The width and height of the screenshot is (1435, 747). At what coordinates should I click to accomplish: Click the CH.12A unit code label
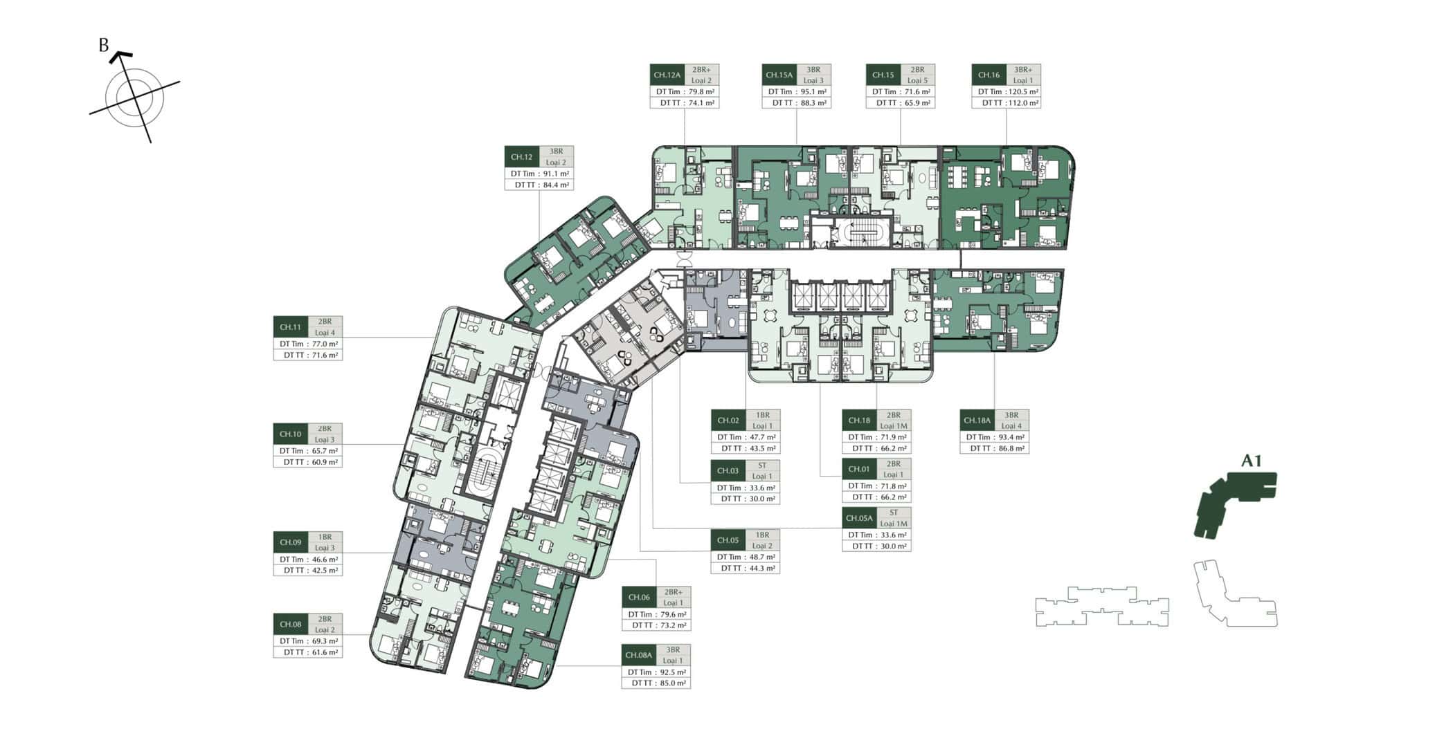(667, 75)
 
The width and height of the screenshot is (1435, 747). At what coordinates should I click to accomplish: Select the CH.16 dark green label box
(989, 75)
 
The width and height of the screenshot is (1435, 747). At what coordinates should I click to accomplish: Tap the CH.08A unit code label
(638, 655)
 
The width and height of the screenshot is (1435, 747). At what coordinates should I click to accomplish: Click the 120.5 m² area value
(1023, 91)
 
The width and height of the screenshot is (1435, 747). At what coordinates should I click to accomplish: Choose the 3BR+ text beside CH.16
(1023, 70)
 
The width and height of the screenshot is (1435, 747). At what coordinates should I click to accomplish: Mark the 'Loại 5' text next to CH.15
(917, 80)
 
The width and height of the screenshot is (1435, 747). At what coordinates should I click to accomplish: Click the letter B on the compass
(104, 46)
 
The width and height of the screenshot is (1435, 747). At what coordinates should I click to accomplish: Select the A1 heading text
(1252, 461)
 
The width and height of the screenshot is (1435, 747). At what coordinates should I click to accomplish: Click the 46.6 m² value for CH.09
(324, 560)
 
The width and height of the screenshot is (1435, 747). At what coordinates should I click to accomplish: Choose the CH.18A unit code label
(977, 421)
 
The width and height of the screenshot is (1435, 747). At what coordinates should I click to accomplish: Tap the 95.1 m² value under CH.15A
(813, 91)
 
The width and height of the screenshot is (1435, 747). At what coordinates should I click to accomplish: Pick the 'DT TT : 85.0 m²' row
(656, 683)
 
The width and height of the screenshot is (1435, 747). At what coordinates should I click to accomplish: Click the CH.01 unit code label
(859, 469)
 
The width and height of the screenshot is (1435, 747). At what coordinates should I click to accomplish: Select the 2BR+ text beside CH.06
(673, 592)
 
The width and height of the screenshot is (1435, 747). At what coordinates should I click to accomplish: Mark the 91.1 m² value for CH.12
(556, 174)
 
